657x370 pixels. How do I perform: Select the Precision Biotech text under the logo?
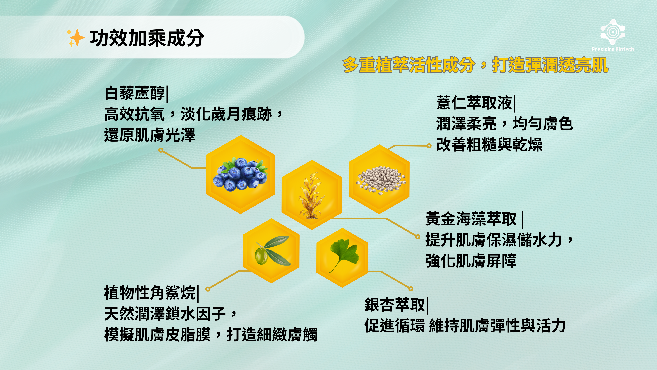pos(613,49)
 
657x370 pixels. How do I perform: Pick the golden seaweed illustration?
pos(311,195)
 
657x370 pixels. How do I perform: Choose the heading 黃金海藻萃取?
pos(471,219)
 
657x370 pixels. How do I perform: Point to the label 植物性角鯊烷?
pos(150,293)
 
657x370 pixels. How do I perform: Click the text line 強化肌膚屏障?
pos(471,261)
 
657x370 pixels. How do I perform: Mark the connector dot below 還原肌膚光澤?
pos(161,150)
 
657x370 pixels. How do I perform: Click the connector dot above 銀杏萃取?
pos(411,289)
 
